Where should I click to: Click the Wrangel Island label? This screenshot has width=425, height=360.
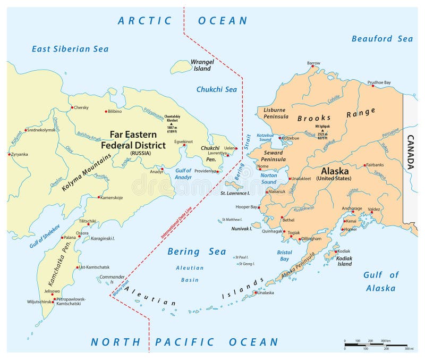coord(202,65)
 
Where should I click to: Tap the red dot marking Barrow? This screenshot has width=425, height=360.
coord(313,68)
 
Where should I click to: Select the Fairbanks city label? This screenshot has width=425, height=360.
coord(379,165)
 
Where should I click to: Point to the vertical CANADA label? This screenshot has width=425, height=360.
coord(410,152)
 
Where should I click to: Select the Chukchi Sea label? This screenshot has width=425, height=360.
coord(217,89)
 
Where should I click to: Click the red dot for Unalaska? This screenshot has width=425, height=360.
coord(256,292)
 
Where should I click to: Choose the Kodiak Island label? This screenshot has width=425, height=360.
coord(344,261)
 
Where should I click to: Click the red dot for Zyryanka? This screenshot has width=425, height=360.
coord(9,154)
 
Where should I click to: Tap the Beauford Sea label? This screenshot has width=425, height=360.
coord(382,38)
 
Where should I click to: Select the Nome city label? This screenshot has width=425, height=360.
coord(263,166)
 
